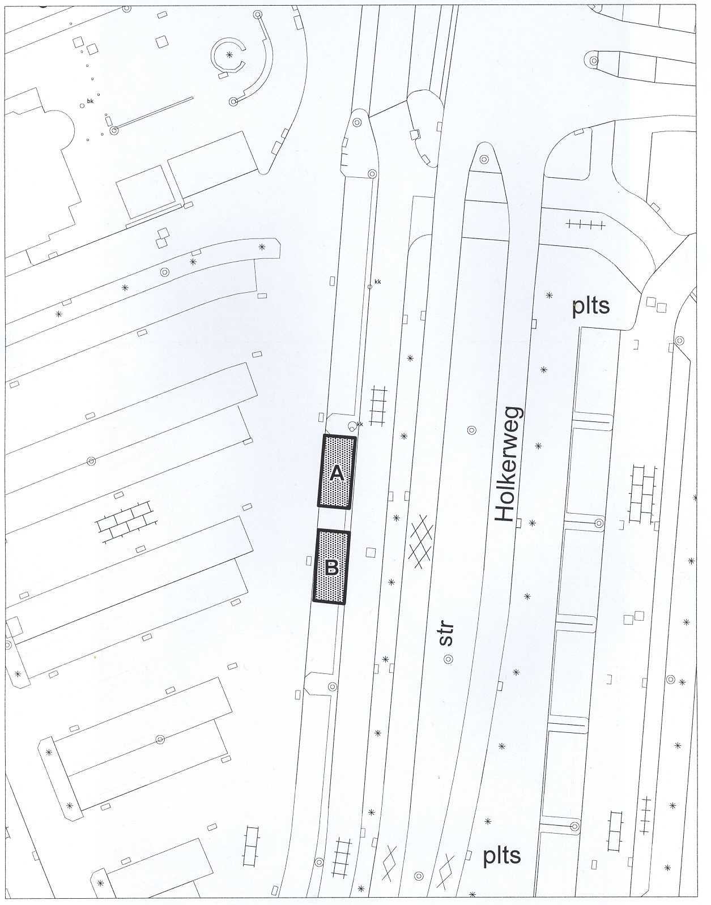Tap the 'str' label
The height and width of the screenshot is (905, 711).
[446, 634]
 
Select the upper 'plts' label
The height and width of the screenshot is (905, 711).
[591, 306]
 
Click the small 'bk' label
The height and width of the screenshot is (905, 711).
[91, 101]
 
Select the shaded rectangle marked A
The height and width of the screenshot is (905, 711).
[337, 472]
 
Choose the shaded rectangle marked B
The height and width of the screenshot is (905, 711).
[331, 567]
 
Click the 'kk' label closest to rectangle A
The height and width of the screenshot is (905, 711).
[360, 424]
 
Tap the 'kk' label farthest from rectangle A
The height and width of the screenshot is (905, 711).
[378, 281]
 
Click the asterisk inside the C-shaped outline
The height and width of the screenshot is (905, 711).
[229, 54]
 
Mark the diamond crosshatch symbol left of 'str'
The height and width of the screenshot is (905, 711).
[421, 542]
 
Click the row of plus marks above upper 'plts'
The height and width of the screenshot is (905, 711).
[585, 224]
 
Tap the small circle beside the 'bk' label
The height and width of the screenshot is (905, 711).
[83, 105]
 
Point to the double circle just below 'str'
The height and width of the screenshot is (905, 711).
[448, 659]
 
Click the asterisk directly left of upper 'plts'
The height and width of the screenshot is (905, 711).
[550, 295]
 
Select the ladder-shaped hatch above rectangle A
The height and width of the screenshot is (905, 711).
[378, 405]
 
